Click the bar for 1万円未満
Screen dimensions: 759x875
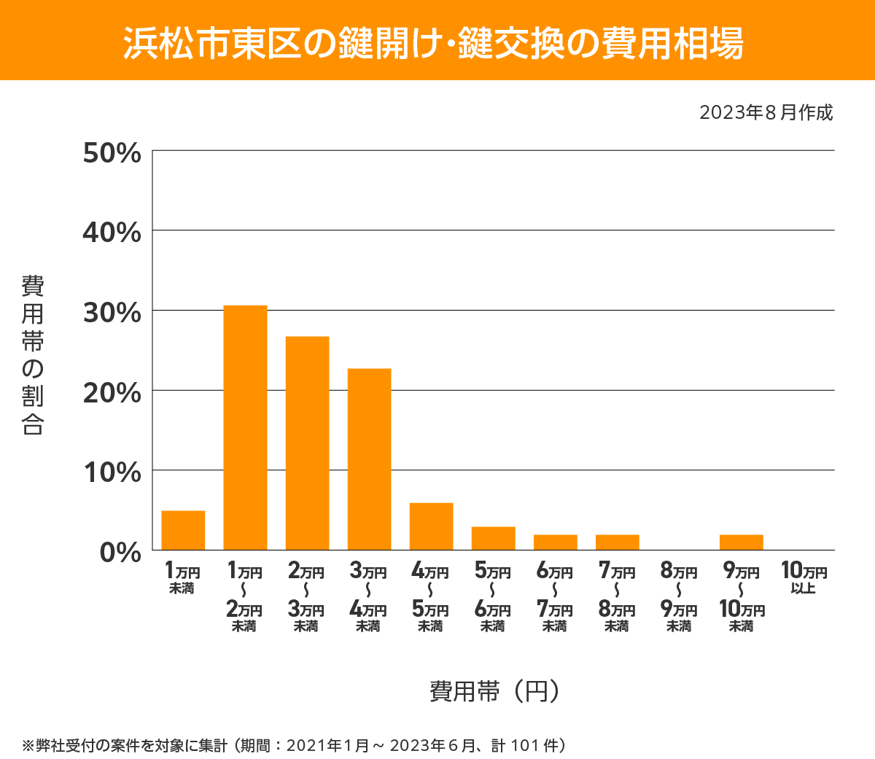tap(183, 530)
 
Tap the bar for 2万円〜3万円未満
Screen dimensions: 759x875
tap(307, 443)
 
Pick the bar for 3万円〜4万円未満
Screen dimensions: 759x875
tap(369, 459)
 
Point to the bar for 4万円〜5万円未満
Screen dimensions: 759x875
tap(431, 526)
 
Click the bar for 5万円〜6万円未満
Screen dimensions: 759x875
tap(493, 538)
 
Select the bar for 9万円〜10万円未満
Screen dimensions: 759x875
tap(741, 542)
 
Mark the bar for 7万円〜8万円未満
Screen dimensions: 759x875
tap(617, 542)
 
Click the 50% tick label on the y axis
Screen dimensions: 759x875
tap(112, 153)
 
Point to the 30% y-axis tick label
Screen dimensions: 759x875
tap(112, 313)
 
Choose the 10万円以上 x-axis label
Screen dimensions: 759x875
tap(804, 577)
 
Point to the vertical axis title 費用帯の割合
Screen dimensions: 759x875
tap(33, 355)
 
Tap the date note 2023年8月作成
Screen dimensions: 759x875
tap(766, 113)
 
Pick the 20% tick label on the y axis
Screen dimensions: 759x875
tap(112, 393)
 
